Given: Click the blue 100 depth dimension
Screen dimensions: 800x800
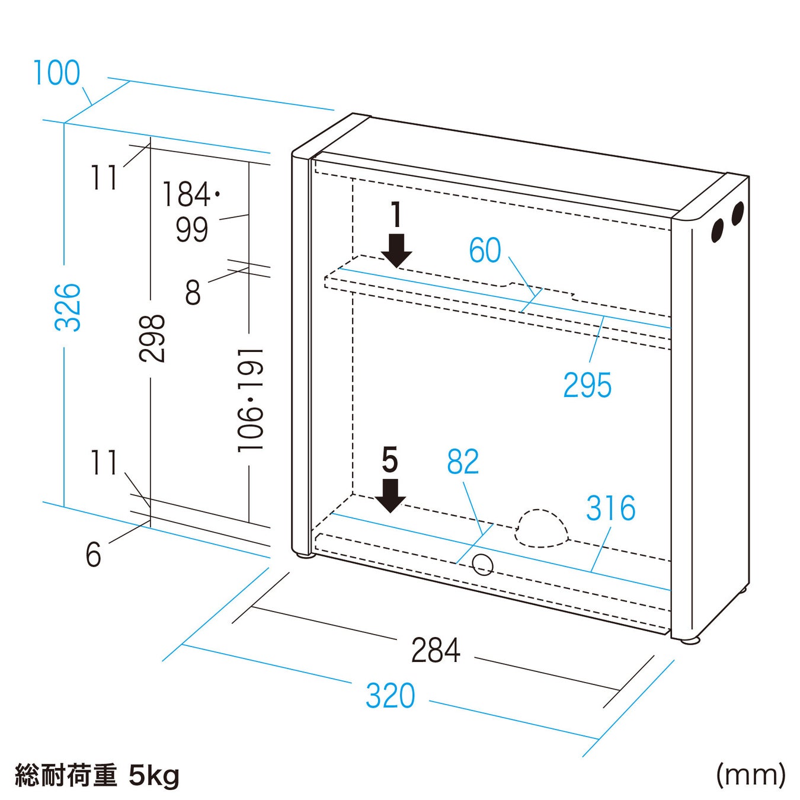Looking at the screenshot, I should coord(56,73).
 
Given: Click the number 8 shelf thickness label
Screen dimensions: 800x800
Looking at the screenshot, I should coord(193,292).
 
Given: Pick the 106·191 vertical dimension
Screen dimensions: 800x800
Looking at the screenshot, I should coord(250,401).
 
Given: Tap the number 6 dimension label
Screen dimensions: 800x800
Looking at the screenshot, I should coord(93,555).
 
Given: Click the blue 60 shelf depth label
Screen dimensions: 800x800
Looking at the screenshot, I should coord(485,250).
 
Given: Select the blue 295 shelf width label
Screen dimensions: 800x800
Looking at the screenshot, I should coord(587,385).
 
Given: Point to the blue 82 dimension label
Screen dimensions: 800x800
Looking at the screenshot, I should coord(462,462).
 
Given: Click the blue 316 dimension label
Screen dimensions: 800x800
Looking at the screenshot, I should coord(610,508).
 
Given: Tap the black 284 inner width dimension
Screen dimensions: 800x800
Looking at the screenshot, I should coord(436,650).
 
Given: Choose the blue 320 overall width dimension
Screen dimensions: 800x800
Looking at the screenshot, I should coord(390,696).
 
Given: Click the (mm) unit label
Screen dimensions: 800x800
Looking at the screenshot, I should coord(750,774).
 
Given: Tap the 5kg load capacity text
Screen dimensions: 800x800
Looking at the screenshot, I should coord(153,776).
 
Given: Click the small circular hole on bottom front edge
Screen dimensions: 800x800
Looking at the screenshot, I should coord(483,564).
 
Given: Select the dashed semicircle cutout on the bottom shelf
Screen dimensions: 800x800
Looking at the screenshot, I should coord(541,528).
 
